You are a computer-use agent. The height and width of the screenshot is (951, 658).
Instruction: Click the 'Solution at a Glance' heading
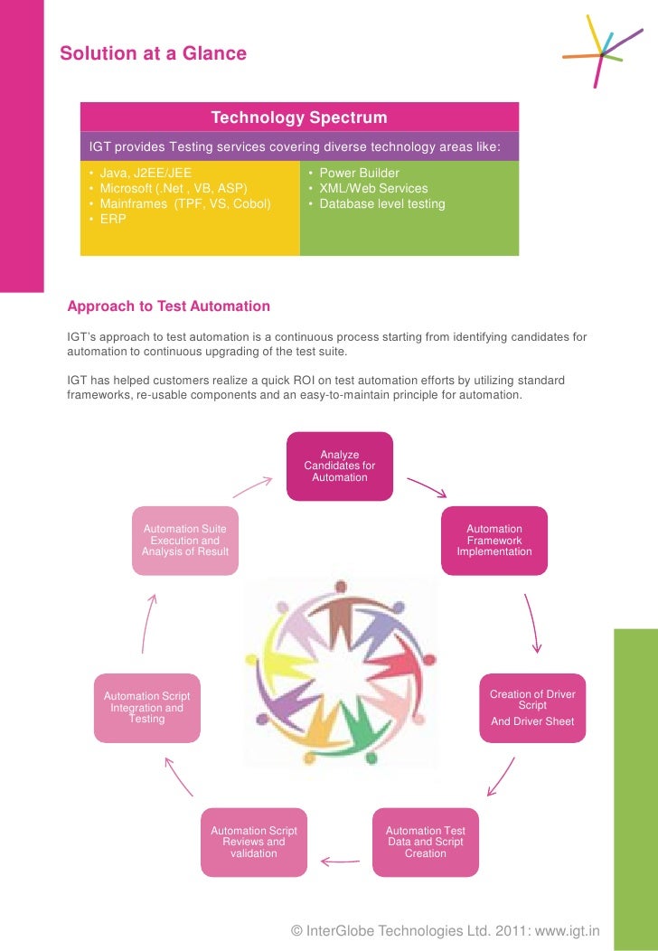pos(153,53)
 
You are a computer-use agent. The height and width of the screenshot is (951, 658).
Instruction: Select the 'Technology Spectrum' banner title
pos(298,118)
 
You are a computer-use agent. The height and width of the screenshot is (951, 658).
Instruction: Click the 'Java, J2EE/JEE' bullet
pos(145,173)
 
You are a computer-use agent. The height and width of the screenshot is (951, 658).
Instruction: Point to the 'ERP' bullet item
pos(113,219)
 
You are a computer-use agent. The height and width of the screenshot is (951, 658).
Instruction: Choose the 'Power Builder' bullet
pos(359,173)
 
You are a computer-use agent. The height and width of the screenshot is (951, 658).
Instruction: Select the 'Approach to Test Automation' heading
pos(169,306)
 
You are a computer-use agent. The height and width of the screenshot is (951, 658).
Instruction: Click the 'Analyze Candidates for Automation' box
pos(340,466)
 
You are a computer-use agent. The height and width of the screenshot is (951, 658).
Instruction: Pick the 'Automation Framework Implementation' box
pos(493,541)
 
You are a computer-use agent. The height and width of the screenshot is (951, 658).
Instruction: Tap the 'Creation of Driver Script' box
pos(532,708)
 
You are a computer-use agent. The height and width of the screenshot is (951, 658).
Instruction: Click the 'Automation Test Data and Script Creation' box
pos(425,842)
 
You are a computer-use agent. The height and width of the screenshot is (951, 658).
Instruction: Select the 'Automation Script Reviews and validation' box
pos(253,842)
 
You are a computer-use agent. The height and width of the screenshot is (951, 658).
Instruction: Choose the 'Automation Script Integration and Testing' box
pos(146,708)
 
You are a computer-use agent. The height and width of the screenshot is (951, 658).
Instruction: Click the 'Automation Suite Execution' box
pos(185,541)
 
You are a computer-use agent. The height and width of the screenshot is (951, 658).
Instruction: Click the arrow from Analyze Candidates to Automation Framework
pos(427,487)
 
